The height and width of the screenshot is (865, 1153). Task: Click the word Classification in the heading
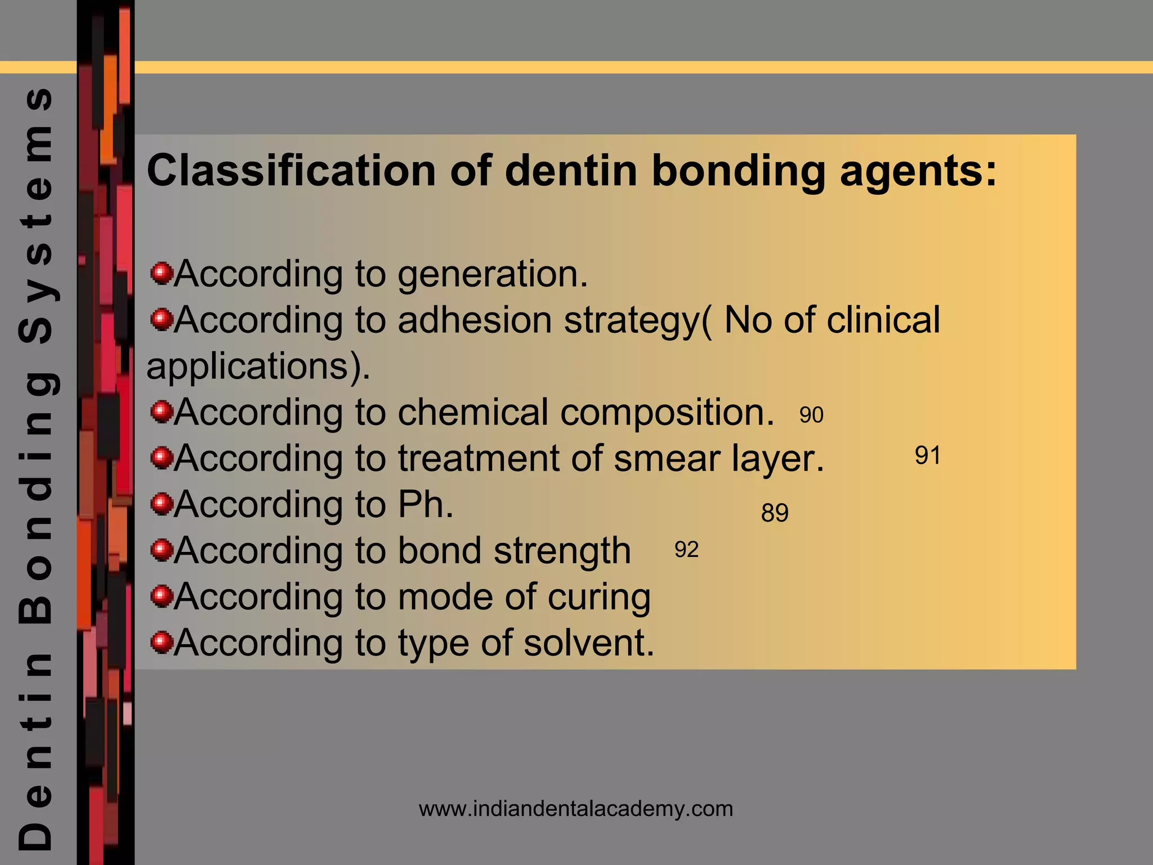[291, 171]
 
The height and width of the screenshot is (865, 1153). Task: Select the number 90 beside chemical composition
[811, 416]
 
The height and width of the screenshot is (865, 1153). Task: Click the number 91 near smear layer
[927, 456]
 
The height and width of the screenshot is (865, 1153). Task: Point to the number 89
[775, 513]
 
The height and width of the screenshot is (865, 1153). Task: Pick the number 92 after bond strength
[686, 550]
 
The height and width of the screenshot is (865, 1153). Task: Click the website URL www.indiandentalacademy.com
[576, 809]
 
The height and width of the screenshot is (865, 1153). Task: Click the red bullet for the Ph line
[162, 504]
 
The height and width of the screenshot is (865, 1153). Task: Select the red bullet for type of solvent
[162, 642]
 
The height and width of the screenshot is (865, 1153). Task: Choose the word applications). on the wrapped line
[258, 367]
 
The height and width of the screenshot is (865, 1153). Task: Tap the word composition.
[667, 412]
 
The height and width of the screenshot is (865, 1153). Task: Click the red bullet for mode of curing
[162, 596]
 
